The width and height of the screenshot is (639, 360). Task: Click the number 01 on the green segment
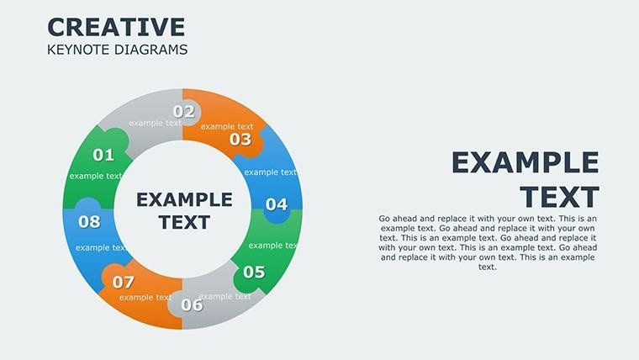coord(103,155)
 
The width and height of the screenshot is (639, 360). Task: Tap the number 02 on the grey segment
coord(184,111)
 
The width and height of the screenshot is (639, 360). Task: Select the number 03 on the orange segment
coord(240,140)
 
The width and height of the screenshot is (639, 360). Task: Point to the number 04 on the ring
coord(276,204)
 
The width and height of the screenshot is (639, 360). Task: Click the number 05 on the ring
coord(253,272)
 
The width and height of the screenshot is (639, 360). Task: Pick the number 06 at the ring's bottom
coord(192,304)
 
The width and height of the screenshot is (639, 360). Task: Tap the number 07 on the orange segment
coord(124,282)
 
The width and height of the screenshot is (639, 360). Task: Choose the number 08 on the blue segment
coord(89,222)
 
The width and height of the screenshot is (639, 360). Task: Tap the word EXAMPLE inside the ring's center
coord(184,200)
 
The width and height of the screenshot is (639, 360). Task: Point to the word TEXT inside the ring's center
coord(184,223)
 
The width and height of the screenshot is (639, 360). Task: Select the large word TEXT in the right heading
coord(559,197)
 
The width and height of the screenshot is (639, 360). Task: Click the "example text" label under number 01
coord(96,176)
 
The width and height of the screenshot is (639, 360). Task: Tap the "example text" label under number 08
coord(102,248)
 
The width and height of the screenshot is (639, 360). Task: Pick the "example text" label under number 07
coord(145,297)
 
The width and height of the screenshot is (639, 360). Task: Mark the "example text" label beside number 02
coord(156,123)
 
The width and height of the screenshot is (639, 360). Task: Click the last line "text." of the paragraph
coord(488,267)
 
